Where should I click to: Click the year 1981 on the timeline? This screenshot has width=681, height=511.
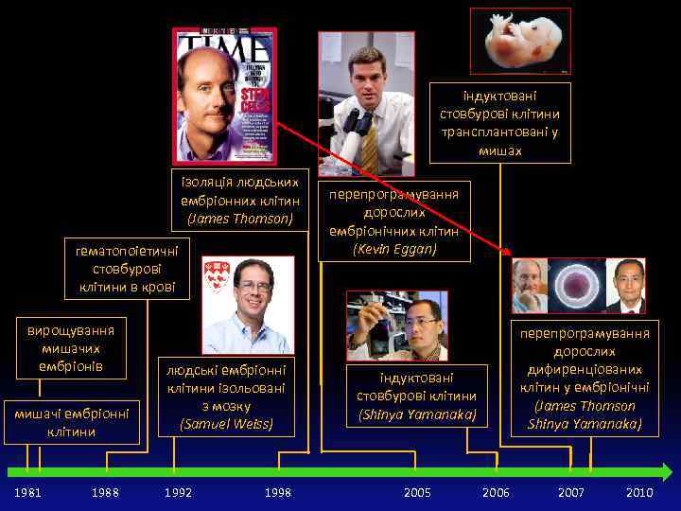point(27,493)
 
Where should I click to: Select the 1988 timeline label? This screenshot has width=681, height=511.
point(105,493)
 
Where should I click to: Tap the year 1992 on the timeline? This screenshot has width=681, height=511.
point(178,493)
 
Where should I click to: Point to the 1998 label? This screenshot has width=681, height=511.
point(278,493)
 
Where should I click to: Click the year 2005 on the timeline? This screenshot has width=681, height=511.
point(417,493)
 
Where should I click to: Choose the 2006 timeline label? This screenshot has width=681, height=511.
point(496,493)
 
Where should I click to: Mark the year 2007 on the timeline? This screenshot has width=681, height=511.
point(571,493)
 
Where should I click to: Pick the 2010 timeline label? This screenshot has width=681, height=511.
point(639,493)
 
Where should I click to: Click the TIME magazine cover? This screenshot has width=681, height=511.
point(224,96)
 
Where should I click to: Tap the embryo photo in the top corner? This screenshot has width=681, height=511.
point(520,41)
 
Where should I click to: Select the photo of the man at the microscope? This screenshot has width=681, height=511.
point(366,104)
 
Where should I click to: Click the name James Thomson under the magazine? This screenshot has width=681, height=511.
point(240,219)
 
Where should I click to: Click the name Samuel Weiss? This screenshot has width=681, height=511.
point(226,424)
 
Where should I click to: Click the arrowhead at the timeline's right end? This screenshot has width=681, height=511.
point(666,472)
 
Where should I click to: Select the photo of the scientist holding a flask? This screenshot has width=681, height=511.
point(397,326)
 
